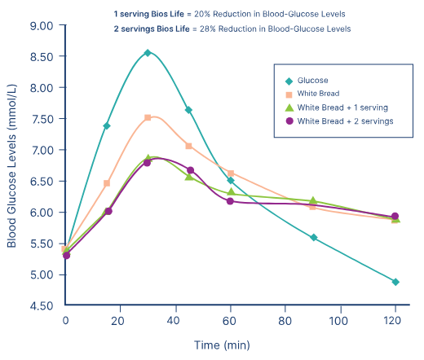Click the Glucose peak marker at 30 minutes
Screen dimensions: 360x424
point(148,53)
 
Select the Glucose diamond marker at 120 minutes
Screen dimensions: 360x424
point(395,282)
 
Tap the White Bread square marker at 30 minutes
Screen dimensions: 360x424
point(148,118)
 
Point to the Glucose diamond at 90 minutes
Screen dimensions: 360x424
point(313,238)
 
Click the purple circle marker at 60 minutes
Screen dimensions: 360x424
point(230,200)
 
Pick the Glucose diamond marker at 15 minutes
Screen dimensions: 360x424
point(107,126)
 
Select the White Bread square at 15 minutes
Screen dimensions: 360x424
point(107,184)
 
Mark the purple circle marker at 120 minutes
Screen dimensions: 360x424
point(395,217)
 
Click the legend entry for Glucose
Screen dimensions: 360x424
point(313,81)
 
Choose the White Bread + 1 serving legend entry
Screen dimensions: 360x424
point(342,108)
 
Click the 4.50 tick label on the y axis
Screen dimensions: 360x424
point(40,305)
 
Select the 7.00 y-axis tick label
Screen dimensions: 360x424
point(40,150)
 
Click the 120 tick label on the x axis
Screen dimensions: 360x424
point(395,321)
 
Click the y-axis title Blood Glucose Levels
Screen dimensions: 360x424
point(12,167)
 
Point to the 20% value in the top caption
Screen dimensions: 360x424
point(222,15)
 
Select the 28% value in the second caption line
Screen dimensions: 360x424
point(227,29)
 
